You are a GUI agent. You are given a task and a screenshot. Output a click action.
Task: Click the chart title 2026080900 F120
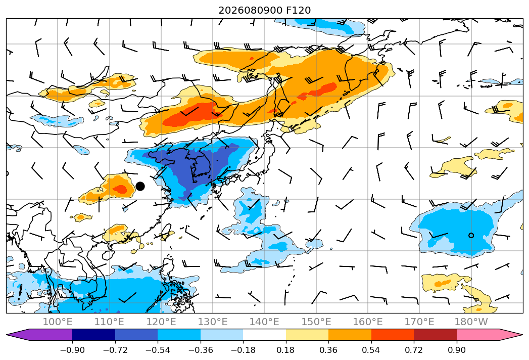(265, 10)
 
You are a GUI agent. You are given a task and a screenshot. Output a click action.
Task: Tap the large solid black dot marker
(140, 186)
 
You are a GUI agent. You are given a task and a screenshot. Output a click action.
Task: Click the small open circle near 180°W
(471, 236)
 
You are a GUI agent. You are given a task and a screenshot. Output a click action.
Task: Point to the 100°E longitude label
(58, 322)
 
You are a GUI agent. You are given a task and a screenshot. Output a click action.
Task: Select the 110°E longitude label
(109, 322)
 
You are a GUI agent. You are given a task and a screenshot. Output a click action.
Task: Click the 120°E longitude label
(161, 322)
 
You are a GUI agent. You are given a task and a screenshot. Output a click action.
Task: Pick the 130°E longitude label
(213, 322)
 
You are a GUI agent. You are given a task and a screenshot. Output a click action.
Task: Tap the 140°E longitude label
(264, 322)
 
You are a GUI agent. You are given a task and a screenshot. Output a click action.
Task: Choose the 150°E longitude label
(316, 322)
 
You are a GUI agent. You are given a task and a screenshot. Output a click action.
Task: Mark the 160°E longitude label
(368, 322)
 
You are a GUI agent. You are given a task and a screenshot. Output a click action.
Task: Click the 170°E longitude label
(419, 322)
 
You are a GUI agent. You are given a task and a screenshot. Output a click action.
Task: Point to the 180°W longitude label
(471, 322)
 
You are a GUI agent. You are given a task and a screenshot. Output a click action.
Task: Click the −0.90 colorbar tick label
(72, 350)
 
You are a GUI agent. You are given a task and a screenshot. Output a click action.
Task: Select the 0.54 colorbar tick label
(371, 350)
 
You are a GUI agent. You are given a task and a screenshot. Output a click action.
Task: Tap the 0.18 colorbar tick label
(286, 350)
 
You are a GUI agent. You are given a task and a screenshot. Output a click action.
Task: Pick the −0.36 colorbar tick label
(201, 350)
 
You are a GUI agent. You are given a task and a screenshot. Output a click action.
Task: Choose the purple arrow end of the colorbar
(39, 335)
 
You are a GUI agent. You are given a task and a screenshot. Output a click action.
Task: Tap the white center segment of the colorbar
(265, 335)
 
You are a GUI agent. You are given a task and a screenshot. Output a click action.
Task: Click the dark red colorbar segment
(435, 335)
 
